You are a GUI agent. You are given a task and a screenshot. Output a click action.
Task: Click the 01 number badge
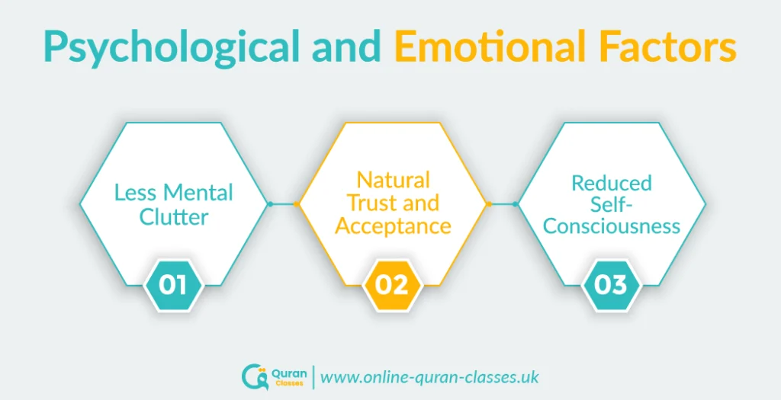pos(172,286)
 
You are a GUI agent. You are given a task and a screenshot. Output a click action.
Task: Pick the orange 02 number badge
pos(391,286)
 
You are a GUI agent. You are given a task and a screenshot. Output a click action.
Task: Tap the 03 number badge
pos(611,286)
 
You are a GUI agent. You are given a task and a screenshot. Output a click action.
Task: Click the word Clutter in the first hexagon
pos(173,217)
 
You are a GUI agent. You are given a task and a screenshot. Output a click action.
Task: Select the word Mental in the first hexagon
pos(203,193)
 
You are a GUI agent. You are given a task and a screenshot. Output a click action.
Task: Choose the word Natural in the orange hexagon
pos(394,180)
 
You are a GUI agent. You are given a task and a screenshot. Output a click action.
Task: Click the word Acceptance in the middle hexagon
pos(393,227)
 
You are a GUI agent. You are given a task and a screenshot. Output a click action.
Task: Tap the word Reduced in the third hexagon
pos(611,183)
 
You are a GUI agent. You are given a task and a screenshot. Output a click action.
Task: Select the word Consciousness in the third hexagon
pos(612,227)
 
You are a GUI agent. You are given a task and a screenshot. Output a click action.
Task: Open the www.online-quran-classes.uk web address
pos(429,377)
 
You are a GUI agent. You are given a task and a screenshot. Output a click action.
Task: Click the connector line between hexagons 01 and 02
pos(283,204)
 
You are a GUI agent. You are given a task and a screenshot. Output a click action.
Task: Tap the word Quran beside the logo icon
pos(287,373)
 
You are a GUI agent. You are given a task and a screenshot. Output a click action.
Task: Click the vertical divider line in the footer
pos(313,377)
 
